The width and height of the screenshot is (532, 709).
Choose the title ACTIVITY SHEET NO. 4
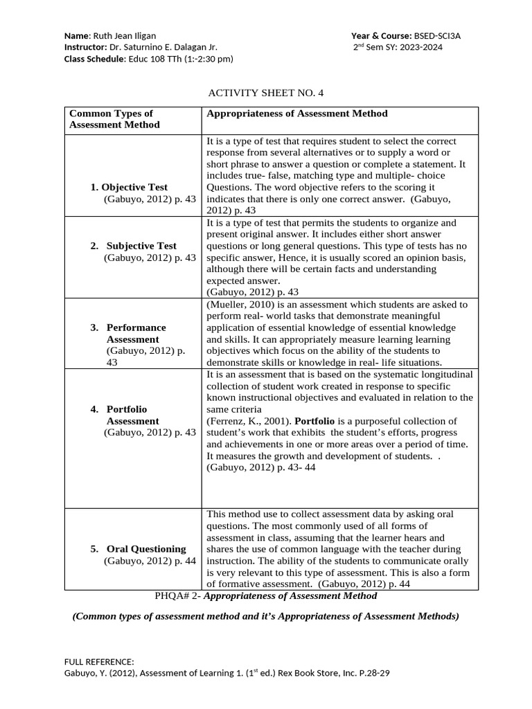[x=266, y=92]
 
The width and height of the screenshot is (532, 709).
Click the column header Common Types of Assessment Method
[x=114, y=119]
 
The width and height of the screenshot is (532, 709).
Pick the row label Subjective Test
[x=141, y=246]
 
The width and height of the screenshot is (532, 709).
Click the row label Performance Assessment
[x=136, y=333]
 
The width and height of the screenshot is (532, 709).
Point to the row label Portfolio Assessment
[x=132, y=415]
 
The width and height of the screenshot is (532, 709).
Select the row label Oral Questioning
[x=146, y=548]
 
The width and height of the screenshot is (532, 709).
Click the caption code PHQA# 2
[x=175, y=595]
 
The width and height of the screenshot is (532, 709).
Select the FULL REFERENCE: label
[x=99, y=661]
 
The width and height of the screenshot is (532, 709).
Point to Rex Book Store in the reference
[x=299, y=673]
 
